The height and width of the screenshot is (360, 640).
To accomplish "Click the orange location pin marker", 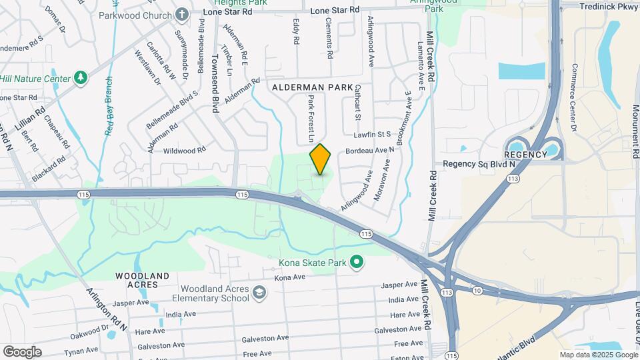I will pos(321,159).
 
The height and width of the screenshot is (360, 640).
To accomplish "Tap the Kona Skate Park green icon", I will pos(357,263).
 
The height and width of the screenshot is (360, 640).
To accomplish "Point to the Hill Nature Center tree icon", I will pos(81,78).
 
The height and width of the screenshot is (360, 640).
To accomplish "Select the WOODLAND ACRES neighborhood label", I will pos(142,280).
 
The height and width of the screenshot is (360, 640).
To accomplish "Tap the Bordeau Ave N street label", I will pos(370,151).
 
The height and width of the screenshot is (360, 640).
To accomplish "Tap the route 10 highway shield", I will pos(477,291).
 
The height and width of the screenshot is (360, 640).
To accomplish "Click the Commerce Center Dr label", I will pos(573,97).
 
